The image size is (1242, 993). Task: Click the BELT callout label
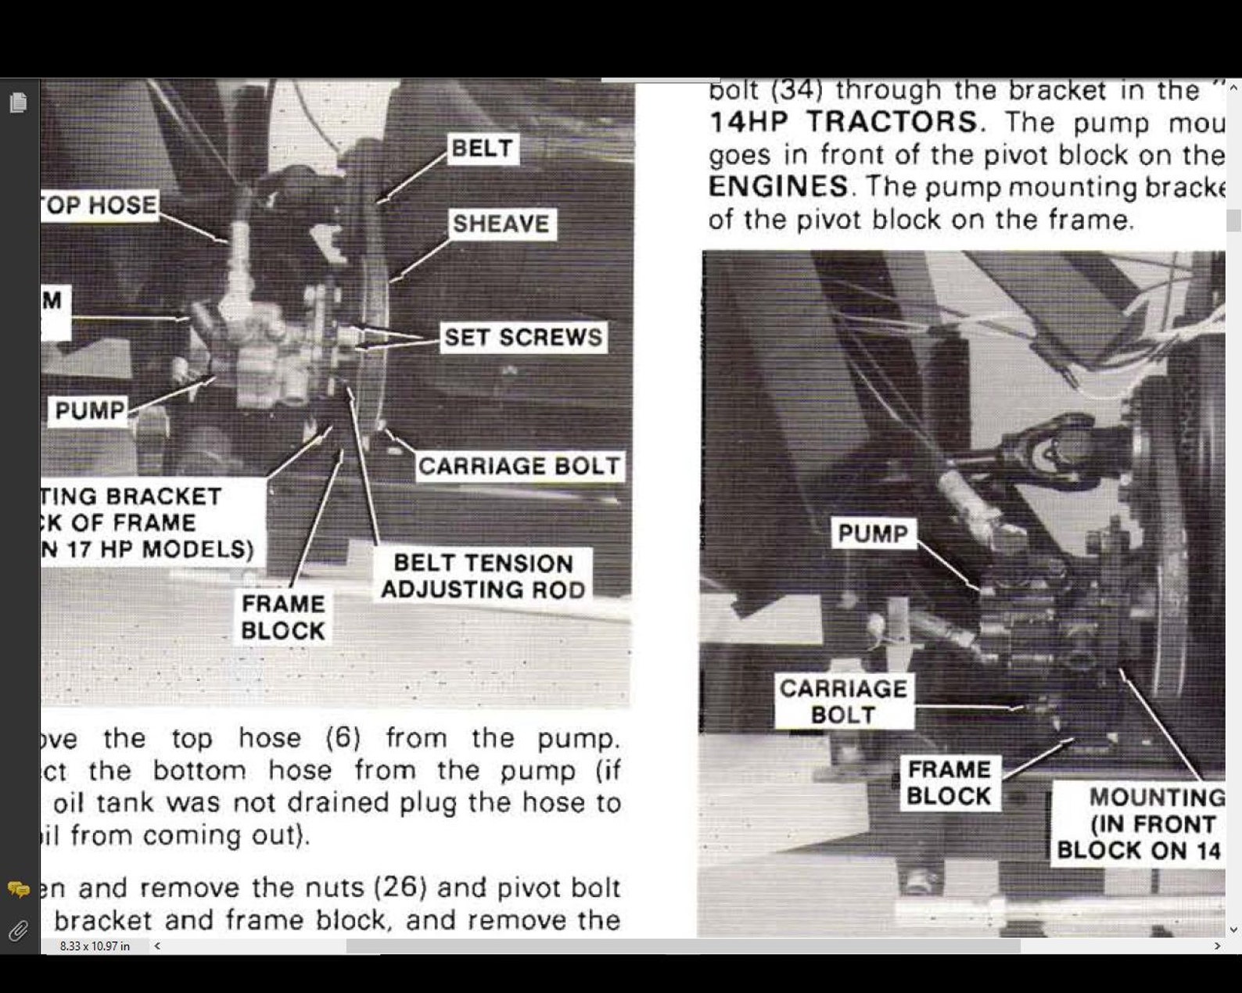pyautogui.click(x=482, y=148)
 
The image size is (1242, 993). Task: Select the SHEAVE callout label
pyautogui.click(x=501, y=224)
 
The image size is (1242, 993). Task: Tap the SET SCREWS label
pyautogui.click(x=523, y=337)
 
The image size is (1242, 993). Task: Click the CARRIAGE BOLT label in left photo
pyautogui.click(x=519, y=466)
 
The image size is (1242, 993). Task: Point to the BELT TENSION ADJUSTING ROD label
pyautogui.click(x=483, y=576)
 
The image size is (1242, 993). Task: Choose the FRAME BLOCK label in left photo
pyautogui.click(x=282, y=617)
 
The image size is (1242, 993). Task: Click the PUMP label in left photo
pyautogui.click(x=90, y=410)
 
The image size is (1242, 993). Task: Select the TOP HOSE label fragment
pyautogui.click(x=100, y=205)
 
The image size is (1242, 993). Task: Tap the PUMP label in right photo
pyautogui.click(x=873, y=533)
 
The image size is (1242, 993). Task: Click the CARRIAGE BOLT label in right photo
pyautogui.click(x=843, y=701)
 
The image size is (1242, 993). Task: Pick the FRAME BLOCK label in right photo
pyautogui.click(x=949, y=782)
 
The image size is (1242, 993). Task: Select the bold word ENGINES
pyautogui.click(x=778, y=186)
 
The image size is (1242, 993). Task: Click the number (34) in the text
pyautogui.click(x=797, y=90)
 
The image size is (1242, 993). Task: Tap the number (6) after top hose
pyautogui.click(x=343, y=737)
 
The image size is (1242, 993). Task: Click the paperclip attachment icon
pyautogui.click(x=18, y=930)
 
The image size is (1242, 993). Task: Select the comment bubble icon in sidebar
pyautogui.click(x=18, y=889)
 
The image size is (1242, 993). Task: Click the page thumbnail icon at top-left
pyautogui.click(x=18, y=102)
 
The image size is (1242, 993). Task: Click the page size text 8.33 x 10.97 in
pyautogui.click(x=95, y=946)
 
